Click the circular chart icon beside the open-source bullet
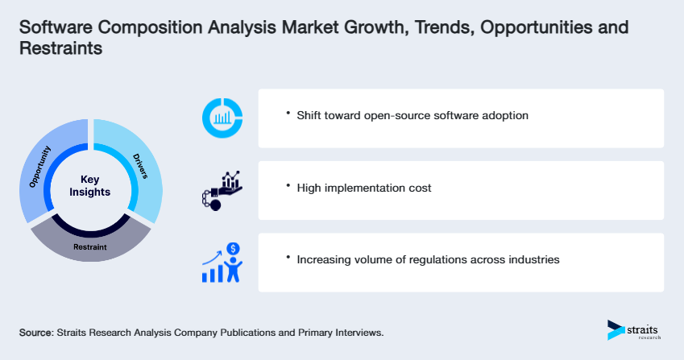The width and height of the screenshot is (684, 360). pyautogui.click(x=222, y=118)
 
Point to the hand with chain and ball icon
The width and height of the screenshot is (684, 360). pyautogui.click(x=221, y=190)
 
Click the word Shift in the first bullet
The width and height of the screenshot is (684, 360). pyautogui.click(x=310, y=115)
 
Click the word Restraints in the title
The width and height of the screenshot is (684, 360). pyautogui.click(x=60, y=48)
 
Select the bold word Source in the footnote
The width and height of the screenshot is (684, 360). pyautogui.click(x=36, y=332)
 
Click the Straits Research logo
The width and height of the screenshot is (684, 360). pyautogui.click(x=634, y=330)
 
